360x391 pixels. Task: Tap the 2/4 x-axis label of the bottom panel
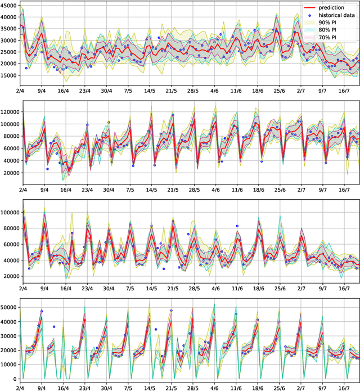pyautogui.click(x=20, y=388)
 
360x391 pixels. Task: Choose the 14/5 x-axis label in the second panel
pyautogui.click(x=150, y=191)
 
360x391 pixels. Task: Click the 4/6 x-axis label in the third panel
pyautogui.click(x=215, y=288)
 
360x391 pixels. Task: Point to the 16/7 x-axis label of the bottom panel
pyautogui.click(x=344, y=388)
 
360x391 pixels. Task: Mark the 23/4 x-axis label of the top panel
pyautogui.click(x=85, y=89)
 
